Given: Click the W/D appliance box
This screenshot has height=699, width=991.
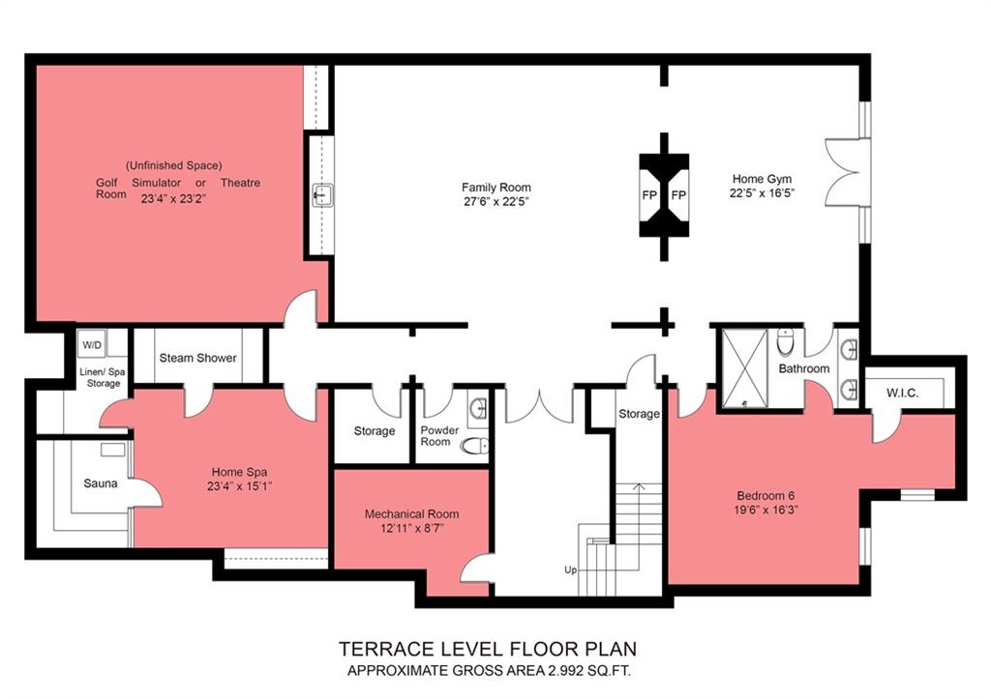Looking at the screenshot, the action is (x=92, y=345).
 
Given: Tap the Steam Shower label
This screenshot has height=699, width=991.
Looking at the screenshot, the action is (x=197, y=358).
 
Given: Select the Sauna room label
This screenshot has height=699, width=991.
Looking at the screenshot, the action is (x=101, y=483).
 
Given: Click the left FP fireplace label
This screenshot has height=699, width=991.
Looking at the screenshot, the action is (x=649, y=195).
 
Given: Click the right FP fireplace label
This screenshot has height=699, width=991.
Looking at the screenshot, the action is (x=678, y=195).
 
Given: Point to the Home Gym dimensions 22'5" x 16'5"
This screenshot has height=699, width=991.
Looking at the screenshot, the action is (x=762, y=193).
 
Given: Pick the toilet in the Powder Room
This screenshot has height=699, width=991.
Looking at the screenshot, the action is (x=474, y=447).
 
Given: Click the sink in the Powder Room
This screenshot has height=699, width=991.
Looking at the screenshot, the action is (x=479, y=409).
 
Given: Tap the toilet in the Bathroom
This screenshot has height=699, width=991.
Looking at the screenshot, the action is (x=785, y=341).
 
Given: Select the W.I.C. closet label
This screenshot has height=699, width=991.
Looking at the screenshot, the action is (x=903, y=393).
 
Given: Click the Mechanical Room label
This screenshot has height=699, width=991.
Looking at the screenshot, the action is (x=412, y=514).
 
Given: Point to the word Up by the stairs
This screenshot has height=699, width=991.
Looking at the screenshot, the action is (x=571, y=570).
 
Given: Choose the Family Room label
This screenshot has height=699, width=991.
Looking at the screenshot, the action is (x=496, y=188).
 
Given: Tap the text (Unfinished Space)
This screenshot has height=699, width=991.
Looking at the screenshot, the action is (x=174, y=165).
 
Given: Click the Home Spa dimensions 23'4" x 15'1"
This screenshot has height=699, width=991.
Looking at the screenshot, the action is (x=240, y=486).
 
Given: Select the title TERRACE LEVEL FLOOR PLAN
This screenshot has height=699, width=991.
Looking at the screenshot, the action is (x=488, y=649).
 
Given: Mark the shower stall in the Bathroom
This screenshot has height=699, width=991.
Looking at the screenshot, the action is (x=744, y=366).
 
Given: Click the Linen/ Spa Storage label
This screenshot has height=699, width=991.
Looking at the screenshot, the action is (x=103, y=378).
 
